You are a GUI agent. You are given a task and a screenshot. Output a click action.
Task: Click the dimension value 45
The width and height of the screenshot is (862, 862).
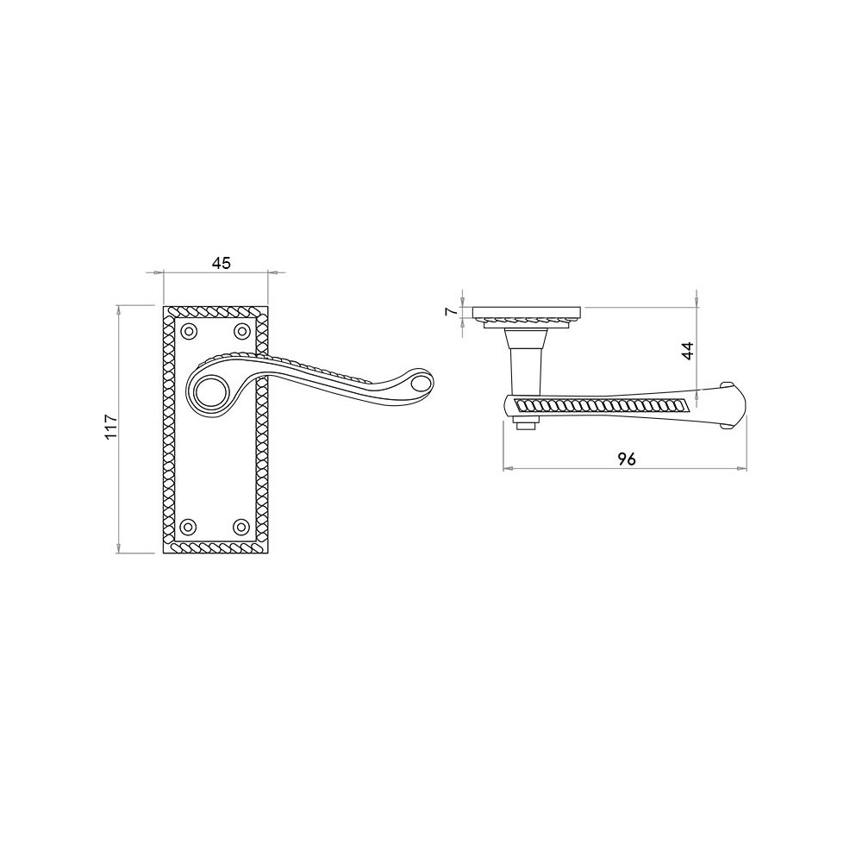click(x=221, y=263)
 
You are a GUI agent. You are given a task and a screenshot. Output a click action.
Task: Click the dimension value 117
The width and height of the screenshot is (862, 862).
click(x=112, y=426)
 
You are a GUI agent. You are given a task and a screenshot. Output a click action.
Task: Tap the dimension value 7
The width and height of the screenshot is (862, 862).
click(x=451, y=312)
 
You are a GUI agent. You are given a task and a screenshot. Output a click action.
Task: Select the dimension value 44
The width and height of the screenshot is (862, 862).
click(x=688, y=351)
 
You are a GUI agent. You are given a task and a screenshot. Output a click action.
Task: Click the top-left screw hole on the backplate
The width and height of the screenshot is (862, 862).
click(x=189, y=331)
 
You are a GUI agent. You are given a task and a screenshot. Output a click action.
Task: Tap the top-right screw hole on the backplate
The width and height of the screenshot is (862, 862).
click(x=241, y=331)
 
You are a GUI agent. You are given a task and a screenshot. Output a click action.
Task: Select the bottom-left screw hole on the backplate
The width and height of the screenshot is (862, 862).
click(x=189, y=526)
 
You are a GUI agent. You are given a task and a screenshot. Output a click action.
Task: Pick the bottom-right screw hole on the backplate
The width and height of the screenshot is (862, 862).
click(x=241, y=526)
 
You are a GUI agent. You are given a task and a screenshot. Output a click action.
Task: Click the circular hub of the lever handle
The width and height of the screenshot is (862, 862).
click(x=210, y=390)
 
